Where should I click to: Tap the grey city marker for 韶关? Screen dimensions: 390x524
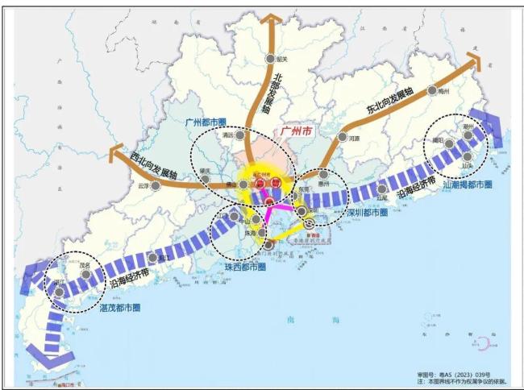click(x=271, y=59)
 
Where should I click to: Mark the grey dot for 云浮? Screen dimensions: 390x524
click(x=156, y=184)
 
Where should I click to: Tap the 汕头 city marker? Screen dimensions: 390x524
click(x=468, y=156)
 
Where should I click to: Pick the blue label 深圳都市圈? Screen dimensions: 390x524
click(x=366, y=214)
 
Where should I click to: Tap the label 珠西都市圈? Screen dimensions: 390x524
click(x=244, y=265)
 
